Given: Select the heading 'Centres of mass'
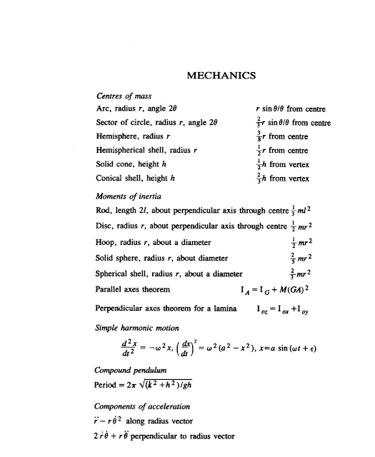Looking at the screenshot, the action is point(124,94).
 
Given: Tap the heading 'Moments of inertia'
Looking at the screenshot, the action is point(130,195).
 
